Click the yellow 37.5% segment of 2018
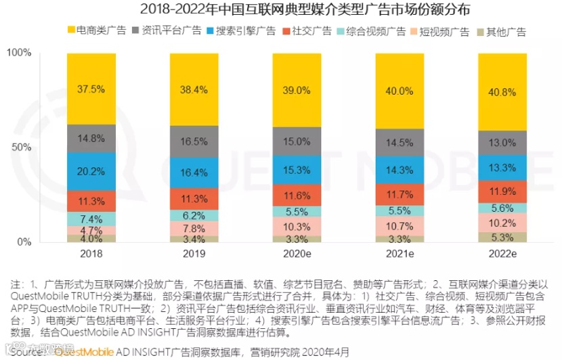point(91,88)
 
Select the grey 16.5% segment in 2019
point(194,141)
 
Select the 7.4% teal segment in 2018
point(91,219)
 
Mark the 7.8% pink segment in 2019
point(194,228)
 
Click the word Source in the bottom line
point(24,352)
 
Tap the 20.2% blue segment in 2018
point(91,171)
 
